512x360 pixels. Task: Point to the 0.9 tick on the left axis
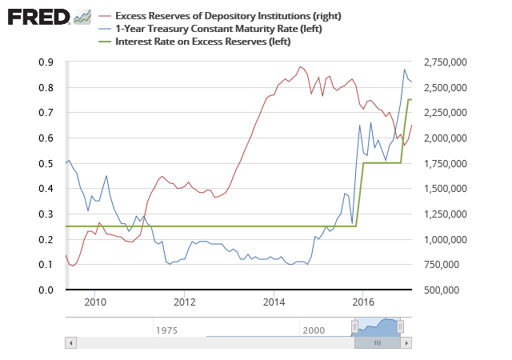point(46,62)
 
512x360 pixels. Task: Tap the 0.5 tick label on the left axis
point(46,163)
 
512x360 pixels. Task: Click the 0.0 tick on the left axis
point(46,290)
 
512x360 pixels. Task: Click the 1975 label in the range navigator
point(166,329)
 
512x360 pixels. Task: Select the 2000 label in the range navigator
point(314,329)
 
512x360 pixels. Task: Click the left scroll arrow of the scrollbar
point(70,342)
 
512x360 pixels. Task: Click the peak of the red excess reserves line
point(300,66)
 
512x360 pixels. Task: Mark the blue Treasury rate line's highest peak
point(405,70)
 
